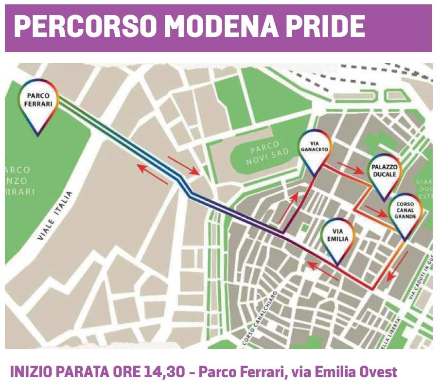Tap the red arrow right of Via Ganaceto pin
pyautogui.click(x=350, y=168)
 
